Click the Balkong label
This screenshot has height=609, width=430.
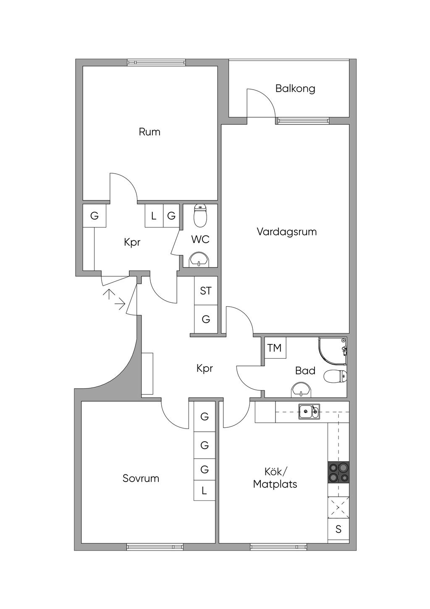pos(295,89)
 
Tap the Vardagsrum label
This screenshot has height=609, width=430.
pos(287,232)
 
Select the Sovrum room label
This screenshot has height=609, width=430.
pos(141,478)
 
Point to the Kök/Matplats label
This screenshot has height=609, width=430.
pos(275,478)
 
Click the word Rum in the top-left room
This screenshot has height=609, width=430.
pos(149,132)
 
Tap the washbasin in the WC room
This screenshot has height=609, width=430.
pos(199,259)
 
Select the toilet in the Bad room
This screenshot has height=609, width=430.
pos(336,376)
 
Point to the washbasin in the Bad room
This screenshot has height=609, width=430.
pos(301,390)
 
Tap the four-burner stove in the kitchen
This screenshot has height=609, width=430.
pos(338,472)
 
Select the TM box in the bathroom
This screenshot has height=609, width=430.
pos(275,348)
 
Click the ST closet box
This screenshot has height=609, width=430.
pos(206,291)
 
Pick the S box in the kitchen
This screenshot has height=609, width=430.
pos(338,530)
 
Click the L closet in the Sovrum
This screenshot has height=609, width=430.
pos(205,490)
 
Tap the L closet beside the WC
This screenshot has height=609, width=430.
pos(154,216)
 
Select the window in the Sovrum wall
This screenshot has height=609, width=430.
pos(155,547)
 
